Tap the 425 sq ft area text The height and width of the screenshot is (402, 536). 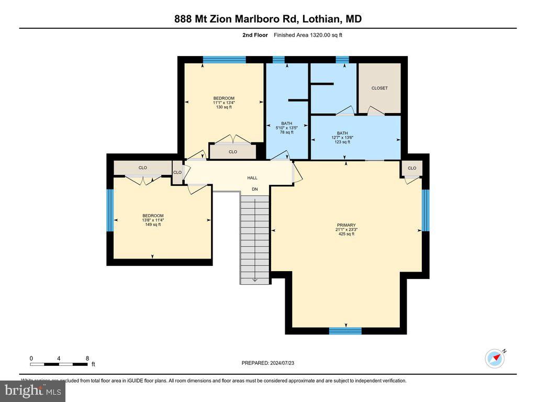(346, 234)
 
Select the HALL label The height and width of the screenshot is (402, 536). (252, 178)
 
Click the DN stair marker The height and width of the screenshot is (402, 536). (255, 189)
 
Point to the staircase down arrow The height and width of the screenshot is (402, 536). (255, 279)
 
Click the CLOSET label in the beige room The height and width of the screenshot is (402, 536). (379, 88)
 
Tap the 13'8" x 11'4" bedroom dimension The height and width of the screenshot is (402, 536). (153, 220)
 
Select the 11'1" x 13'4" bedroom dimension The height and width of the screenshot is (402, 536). (224, 103)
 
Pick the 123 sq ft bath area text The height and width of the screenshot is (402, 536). (342, 142)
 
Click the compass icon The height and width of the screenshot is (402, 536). (494, 359)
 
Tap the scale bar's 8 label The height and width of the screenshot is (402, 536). (87, 358)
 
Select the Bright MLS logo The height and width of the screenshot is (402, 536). (32, 390)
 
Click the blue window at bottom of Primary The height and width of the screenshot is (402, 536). (345, 331)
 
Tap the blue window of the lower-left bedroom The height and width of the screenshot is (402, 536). (110, 210)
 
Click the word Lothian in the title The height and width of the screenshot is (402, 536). (320, 19)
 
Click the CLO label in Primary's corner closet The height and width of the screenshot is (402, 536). (411, 168)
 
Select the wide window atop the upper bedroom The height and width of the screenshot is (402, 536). (224, 60)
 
